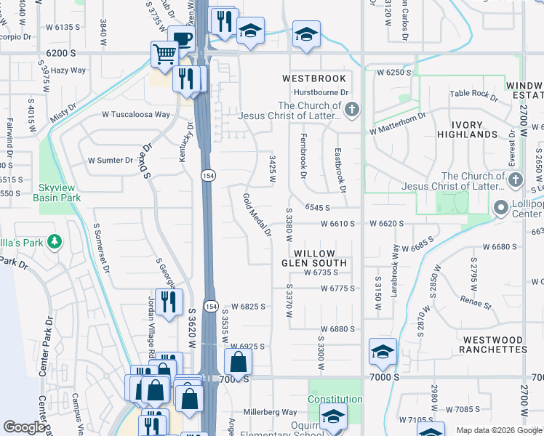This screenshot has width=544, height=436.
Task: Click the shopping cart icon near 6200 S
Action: click(x=165, y=53)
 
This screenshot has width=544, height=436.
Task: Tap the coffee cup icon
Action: click(x=180, y=38)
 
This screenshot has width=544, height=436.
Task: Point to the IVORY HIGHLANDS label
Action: click(x=467, y=129)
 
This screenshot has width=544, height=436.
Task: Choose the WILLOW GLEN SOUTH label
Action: click(x=315, y=257)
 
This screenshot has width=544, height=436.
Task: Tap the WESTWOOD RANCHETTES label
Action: click(x=492, y=344)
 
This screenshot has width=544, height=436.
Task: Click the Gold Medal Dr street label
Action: click(x=257, y=216)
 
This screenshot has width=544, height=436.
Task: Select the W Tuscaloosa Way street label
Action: click(x=136, y=115)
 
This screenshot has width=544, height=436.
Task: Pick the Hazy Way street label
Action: click(x=68, y=70)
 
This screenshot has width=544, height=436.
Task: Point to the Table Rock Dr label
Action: click(x=473, y=94)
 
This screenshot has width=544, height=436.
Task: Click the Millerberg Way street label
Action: click(x=270, y=411)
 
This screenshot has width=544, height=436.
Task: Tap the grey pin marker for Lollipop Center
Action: click(x=500, y=209)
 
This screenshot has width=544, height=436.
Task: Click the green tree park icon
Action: click(x=54, y=241)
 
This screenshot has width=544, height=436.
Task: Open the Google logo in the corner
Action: click(x=25, y=428)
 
